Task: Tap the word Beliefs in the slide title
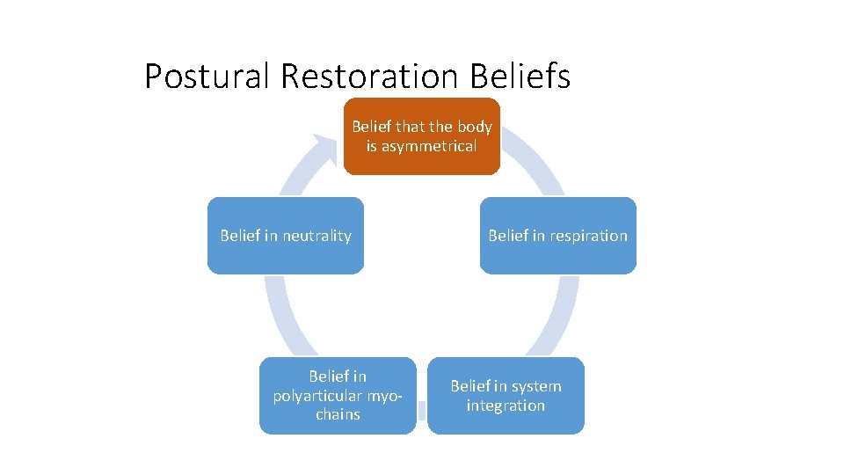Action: pos(520,77)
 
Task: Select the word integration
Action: pos(506,406)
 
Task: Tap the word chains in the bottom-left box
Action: pos(338,414)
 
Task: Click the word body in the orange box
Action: pos(475,127)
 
